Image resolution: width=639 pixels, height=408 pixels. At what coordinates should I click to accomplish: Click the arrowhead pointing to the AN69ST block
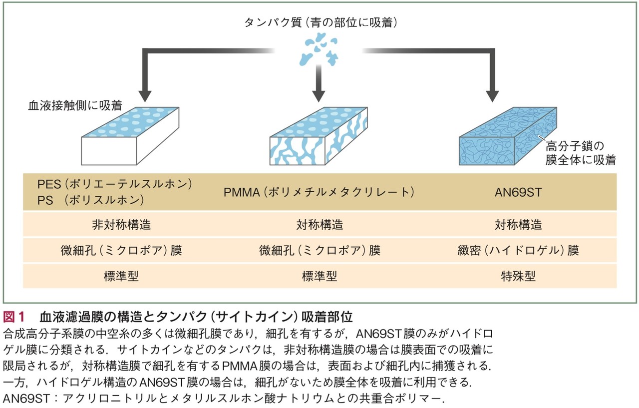492,95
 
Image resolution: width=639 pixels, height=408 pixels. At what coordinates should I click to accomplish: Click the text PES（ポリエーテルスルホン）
115,184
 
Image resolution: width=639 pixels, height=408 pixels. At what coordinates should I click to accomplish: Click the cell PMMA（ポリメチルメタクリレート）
319,192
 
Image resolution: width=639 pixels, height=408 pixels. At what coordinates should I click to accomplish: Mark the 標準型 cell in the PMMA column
319,276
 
